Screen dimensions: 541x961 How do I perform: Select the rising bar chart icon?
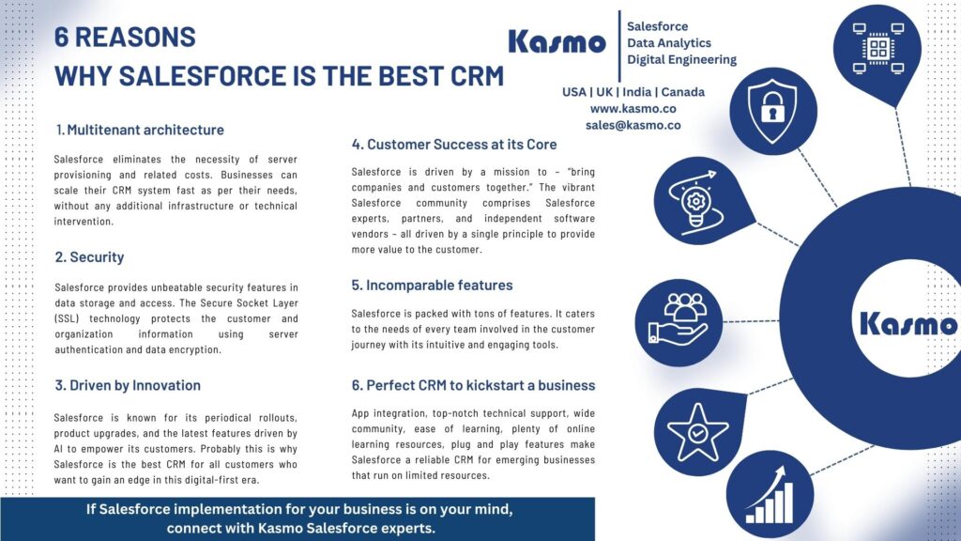(x=770, y=495)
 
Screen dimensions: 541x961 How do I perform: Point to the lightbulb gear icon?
(x=692, y=201)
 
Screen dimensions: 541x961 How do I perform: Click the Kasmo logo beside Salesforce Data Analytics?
(x=557, y=41)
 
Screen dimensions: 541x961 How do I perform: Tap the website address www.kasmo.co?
(x=633, y=108)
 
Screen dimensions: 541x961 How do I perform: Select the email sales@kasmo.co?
(x=633, y=124)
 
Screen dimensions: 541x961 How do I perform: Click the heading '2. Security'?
(x=89, y=256)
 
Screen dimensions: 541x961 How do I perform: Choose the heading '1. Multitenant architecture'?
(x=140, y=130)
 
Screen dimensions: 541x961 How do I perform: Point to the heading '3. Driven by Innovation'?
(x=128, y=385)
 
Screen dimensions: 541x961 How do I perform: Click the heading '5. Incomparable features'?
(x=432, y=285)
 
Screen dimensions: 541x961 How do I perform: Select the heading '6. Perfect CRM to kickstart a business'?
(x=473, y=385)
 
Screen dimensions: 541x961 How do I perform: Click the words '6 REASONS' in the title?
(x=126, y=37)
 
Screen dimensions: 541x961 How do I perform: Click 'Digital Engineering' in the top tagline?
(x=681, y=59)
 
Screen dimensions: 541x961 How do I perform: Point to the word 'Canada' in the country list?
(x=682, y=92)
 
